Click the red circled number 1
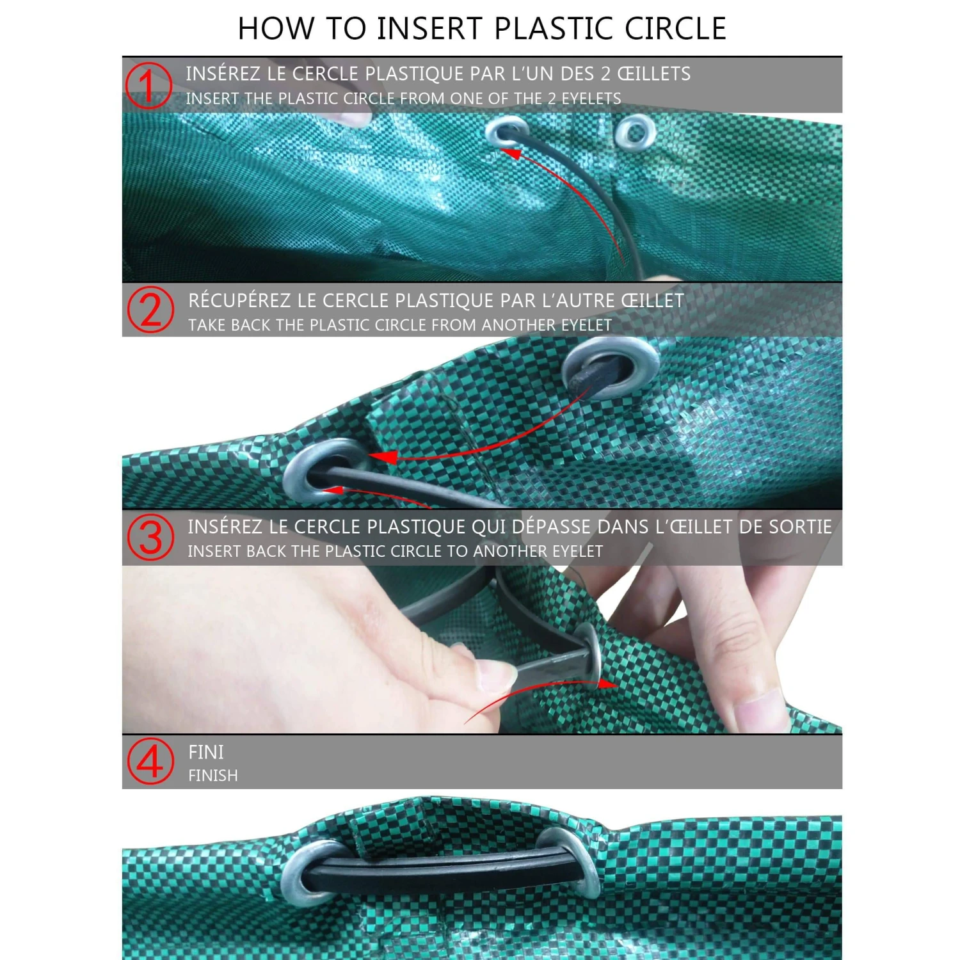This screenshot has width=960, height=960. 148,85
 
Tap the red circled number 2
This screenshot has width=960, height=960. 150,310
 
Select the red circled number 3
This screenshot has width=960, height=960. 150,538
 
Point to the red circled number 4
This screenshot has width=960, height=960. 150,762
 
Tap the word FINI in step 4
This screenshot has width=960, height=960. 206,752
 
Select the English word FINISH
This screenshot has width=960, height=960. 213,776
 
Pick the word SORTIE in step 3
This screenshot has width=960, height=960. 800,527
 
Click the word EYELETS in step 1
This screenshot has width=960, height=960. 591,99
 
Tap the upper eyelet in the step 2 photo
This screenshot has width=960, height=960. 611,367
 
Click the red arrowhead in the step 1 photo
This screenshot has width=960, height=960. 510,152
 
